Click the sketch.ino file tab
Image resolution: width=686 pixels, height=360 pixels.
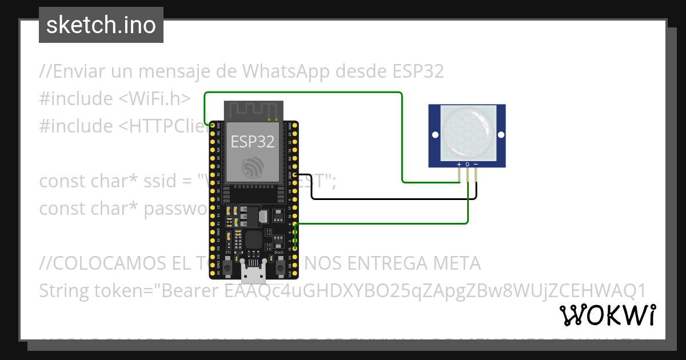tap(101, 25)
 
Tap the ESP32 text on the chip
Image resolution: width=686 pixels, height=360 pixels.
tap(252, 142)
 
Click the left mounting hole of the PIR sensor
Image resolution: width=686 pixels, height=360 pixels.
tap(435, 135)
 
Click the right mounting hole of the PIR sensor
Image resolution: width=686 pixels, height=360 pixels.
tap(501, 135)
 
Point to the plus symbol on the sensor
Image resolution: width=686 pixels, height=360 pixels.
tap(459, 165)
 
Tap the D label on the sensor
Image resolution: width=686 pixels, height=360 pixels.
tap(468, 165)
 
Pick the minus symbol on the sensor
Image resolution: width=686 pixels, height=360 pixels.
tap(476, 165)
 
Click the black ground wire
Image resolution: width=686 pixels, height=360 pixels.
tap(389, 199)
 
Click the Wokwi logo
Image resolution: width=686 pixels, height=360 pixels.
tap(607, 315)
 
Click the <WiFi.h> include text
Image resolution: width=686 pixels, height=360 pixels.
tap(154, 99)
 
